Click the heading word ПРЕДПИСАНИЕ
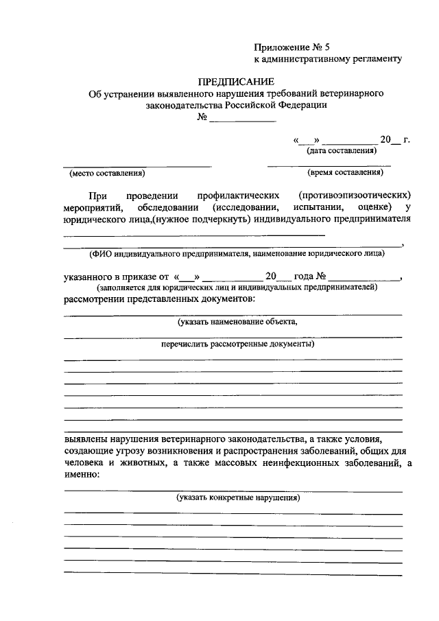pyautogui.click(x=235, y=81)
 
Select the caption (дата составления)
pyautogui.click(x=342, y=150)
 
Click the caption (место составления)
pyautogui.click(x=108, y=173)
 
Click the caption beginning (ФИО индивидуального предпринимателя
pyautogui.click(x=237, y=253)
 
